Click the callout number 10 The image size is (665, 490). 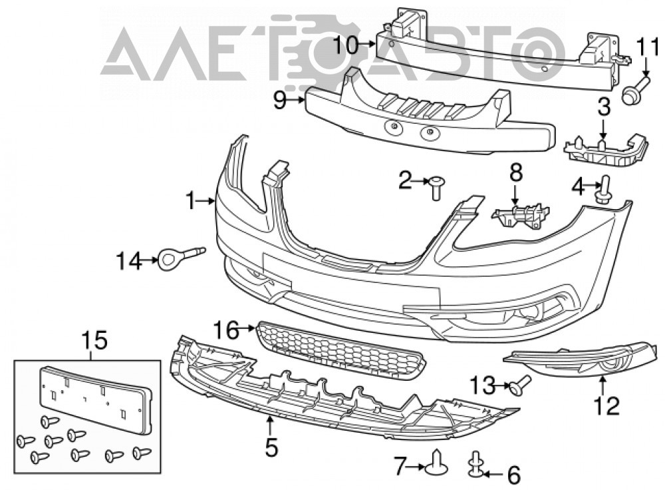(x=345, y=45)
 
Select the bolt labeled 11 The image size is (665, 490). (x=634, y=90)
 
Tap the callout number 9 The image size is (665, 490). (x=281, y=101)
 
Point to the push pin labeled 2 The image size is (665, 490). (x=435, y=187)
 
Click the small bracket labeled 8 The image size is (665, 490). (x=521, y=215)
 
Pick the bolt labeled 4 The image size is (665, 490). (x=604, y=190)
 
